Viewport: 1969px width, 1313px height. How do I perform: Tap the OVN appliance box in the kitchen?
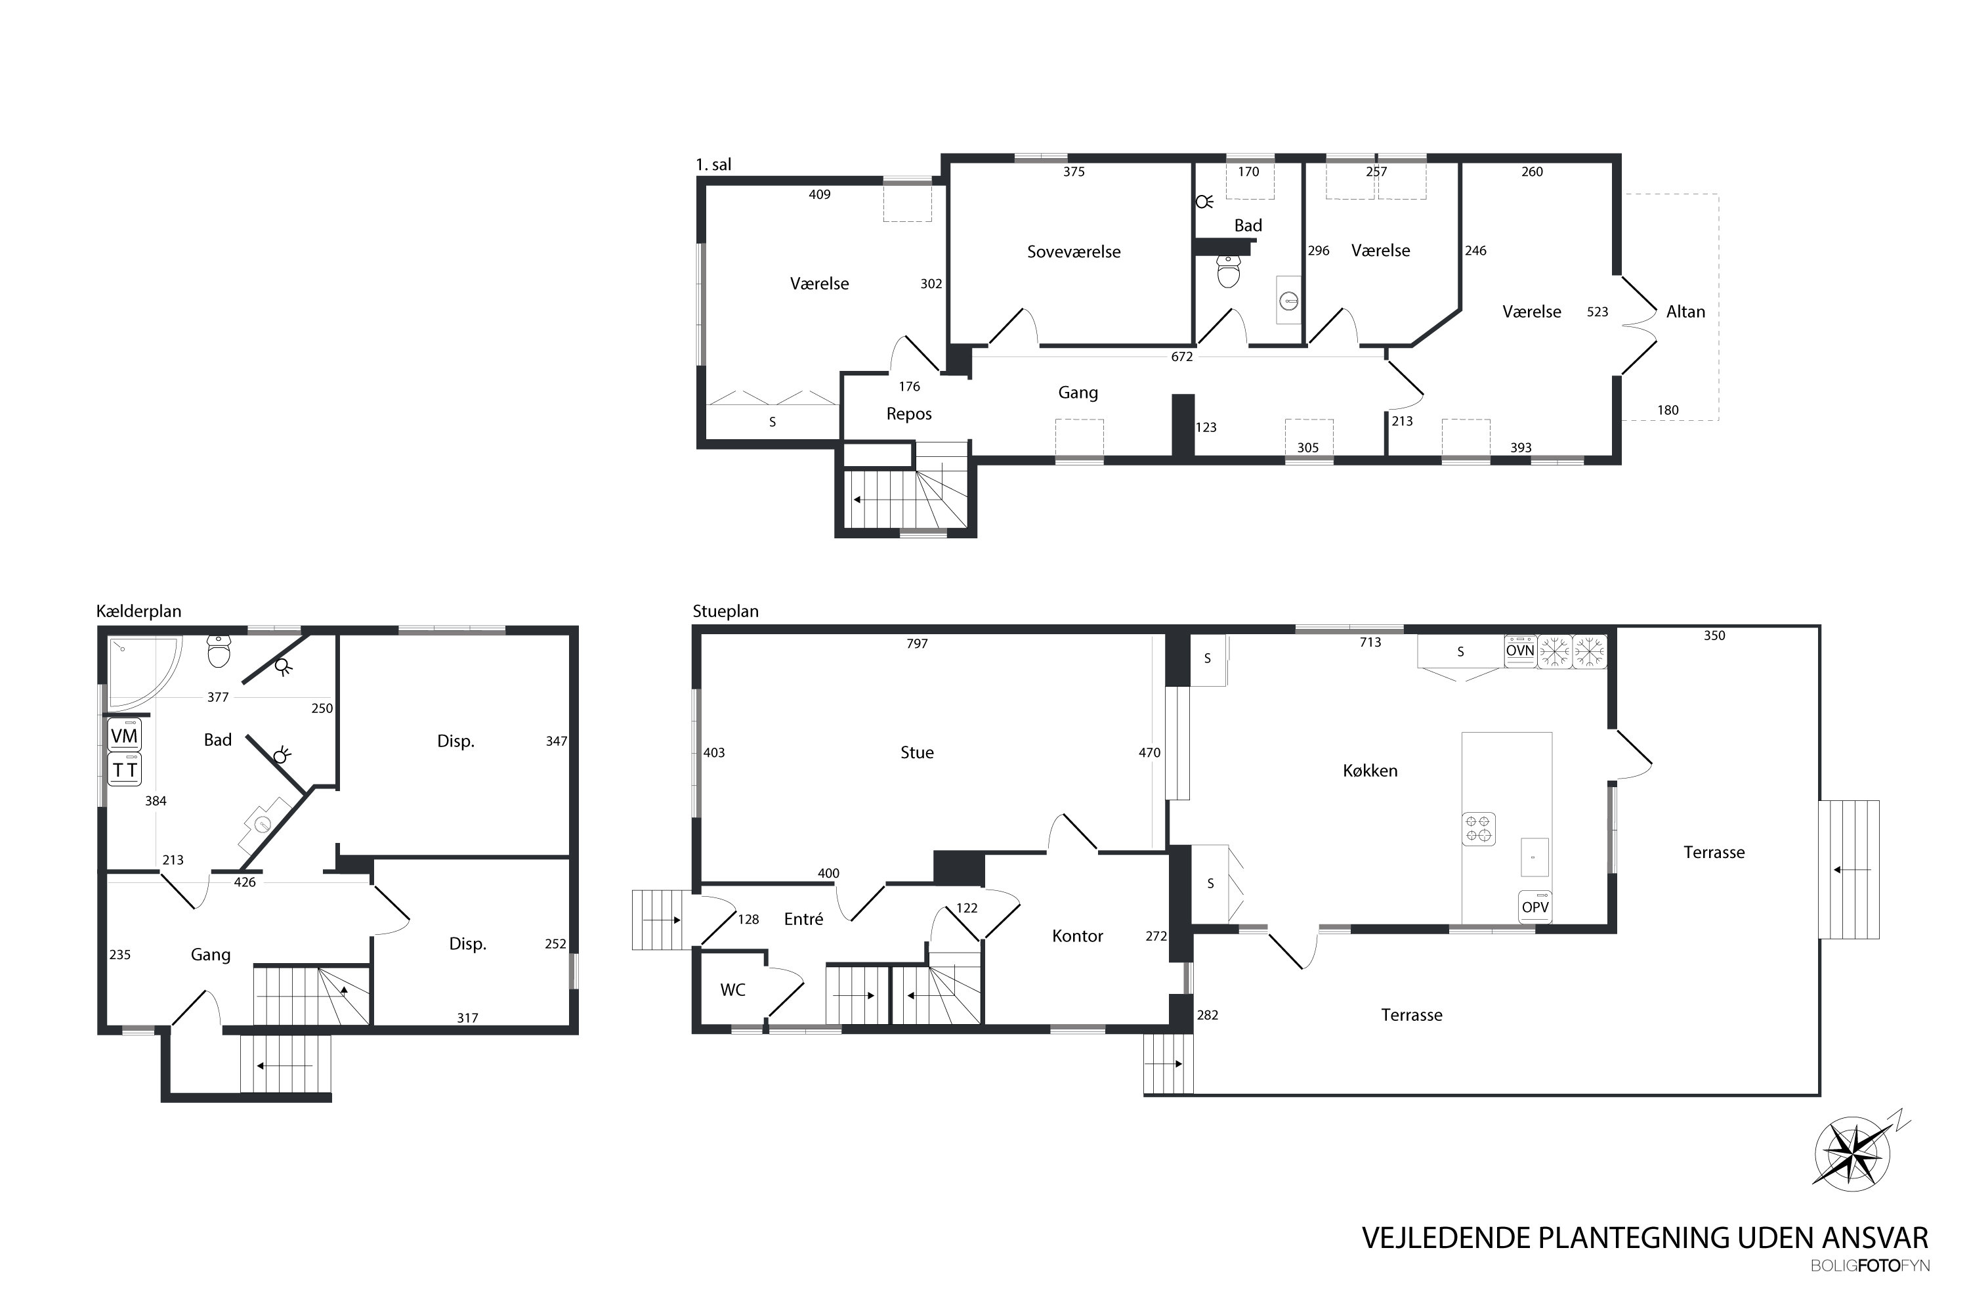(x=1519, y=651)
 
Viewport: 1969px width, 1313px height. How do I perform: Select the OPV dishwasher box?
(x=1535, y=907)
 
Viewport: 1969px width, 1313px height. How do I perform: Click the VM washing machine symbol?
(x=125, y=735)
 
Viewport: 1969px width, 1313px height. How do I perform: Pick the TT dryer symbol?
(x=125, y=769)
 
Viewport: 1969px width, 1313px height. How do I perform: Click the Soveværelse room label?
(x=1073, y=251)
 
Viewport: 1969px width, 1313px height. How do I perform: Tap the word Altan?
(x=1685, y=311)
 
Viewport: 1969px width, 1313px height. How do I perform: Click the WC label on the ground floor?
(x=732, y=990)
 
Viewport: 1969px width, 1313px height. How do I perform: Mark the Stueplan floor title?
(x=725, y=611)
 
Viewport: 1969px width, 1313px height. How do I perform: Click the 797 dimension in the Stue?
(x=917, y=643)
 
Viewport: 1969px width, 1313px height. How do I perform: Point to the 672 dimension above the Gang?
(x=1181, y=356)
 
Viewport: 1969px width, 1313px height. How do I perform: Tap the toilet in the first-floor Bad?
(x=1228, y=271)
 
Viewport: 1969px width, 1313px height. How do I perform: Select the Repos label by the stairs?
(x=908, y=414)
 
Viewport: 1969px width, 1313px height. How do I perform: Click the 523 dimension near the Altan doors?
(x=1598, y=311)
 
